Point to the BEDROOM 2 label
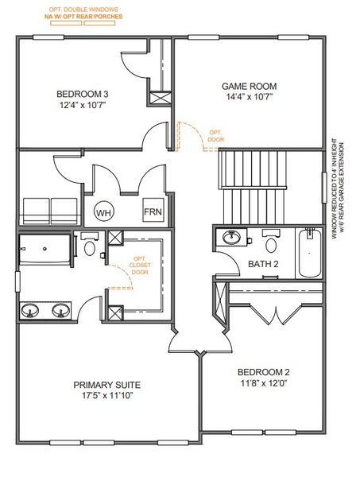pyautogui.click(x=263, y=371)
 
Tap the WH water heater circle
pyautogui.click(x=103, y=212)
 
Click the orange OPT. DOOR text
pyautogui.click(x=216, y=136)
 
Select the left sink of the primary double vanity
pyautogui.click(x=33, y=310)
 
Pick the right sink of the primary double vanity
pyautogui.click(x=60, y=310)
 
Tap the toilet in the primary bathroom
pyautogui.click(x=90, y=246)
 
